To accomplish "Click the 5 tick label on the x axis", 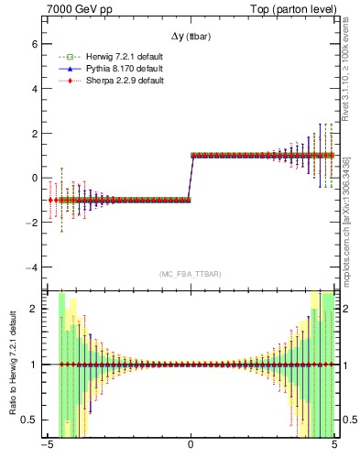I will pos(334,449).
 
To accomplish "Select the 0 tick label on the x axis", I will pos(191,449).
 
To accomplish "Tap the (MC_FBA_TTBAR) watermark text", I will pos(191,274).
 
